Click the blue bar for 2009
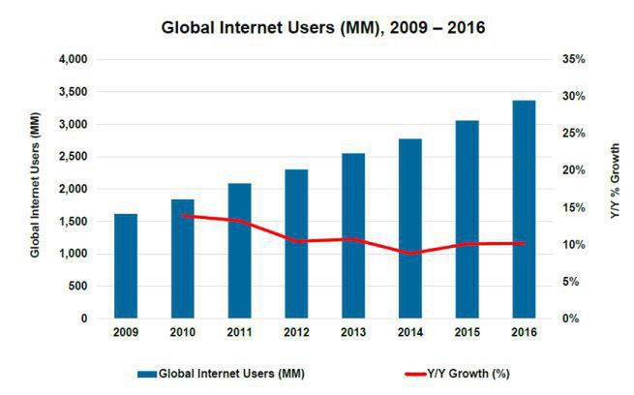(x=125, y=266)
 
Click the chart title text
(x=322, y=26)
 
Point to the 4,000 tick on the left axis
(x=73, y=60)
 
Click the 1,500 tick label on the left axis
(x=73, y=222)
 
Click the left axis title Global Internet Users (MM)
(x=35, y=190)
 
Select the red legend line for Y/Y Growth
(x=414, y=373)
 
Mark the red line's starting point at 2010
(x=182, y=216)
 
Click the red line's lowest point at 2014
(x=409, y=254)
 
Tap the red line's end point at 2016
(x=524, y=243)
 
